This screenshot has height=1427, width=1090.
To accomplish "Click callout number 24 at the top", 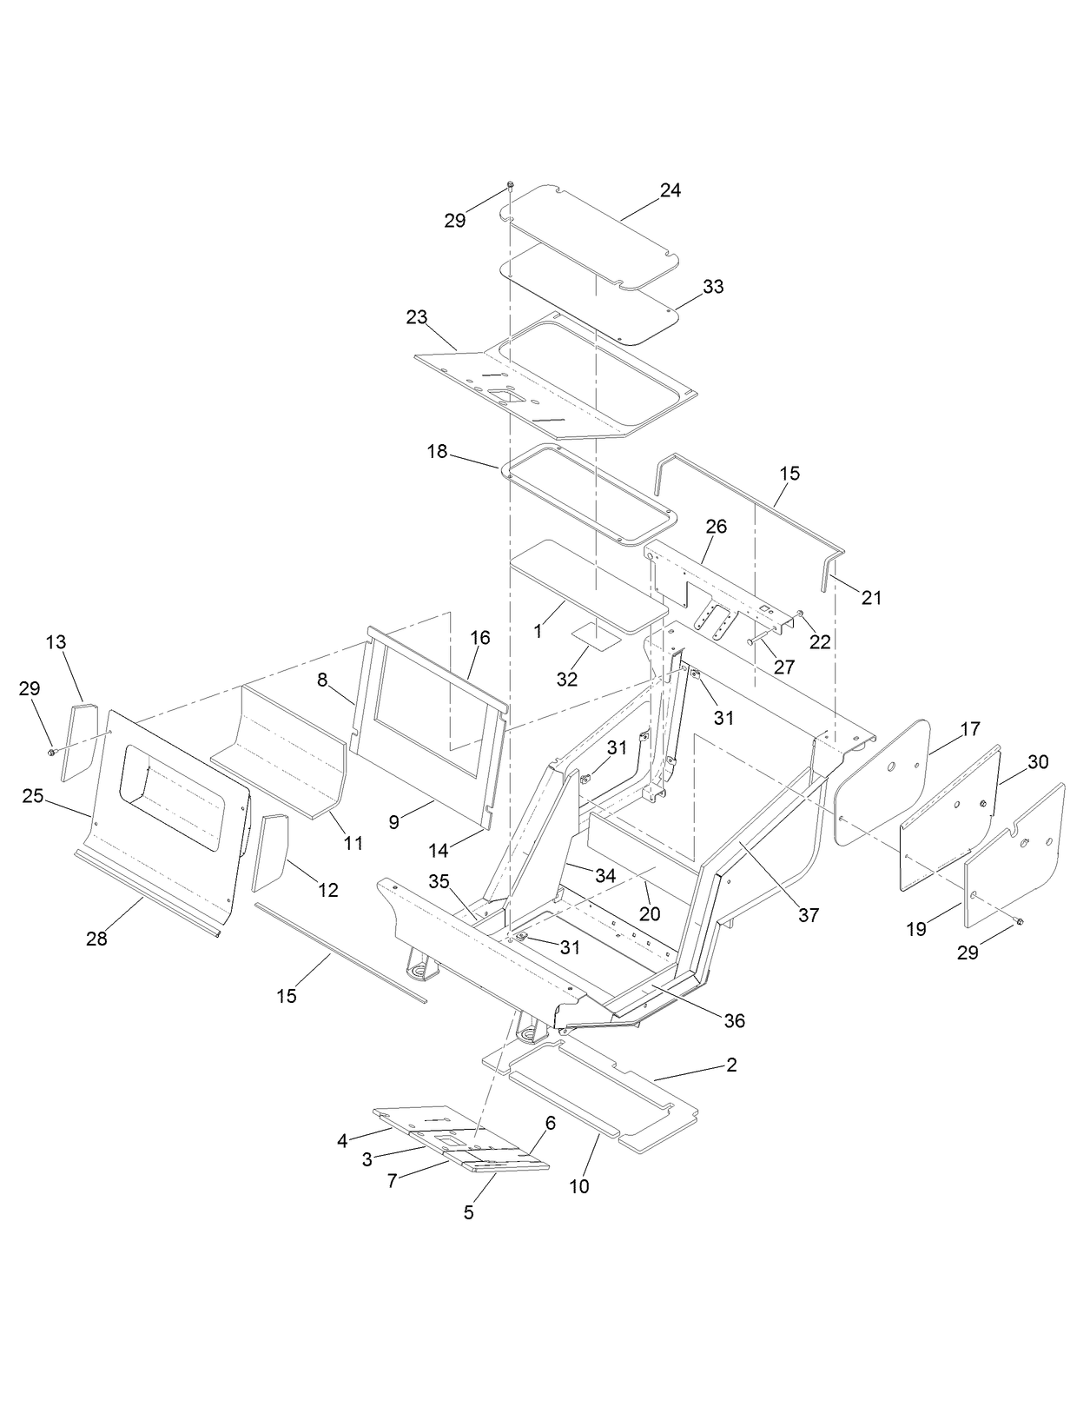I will (x=670, y=191).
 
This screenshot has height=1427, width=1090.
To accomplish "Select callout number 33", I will (x=712, y=287).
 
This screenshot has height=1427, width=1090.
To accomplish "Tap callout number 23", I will (x=416, y=317).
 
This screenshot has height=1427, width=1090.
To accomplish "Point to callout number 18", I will (x=437, y=451).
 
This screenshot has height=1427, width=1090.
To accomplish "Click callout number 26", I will (x=716, y=527).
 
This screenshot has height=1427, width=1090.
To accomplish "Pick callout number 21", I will (x=871, y=598).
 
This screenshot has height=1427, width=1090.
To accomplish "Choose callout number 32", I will (x=566, y=680).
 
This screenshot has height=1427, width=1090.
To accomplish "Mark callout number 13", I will (x=56, y=642).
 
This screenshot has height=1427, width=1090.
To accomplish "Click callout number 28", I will (x=96, y=939).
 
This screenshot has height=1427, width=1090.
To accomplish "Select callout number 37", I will (x=808, y=915).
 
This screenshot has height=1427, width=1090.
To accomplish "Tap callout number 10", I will (x=578, y=1186).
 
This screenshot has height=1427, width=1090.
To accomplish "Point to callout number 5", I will (x=468, y=1213).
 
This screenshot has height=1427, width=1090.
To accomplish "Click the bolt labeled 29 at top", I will (x=511, y=184).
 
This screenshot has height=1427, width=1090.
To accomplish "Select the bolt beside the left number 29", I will (x=52, y=751).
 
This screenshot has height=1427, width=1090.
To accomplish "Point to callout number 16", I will (x=480, y=638).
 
